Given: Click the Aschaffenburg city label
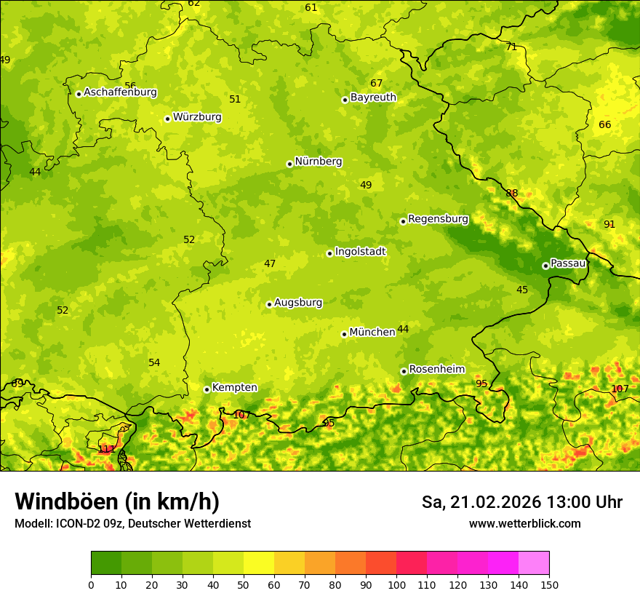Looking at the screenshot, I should coord(120,92).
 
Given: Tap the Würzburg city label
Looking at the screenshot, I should coord(197,117).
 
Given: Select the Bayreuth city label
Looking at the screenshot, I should coord(373,98).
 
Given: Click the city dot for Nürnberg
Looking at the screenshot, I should coord(289,164).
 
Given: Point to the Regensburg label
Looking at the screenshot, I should coord(438,219).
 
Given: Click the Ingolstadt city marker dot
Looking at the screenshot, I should coord(329,253).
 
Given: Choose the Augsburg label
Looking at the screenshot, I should coord(297,303).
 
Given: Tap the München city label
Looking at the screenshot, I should coord(372,333).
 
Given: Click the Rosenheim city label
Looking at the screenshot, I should coord(436,370).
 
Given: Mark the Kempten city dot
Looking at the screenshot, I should coord(207,389).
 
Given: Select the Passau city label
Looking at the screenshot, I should coord(568,263).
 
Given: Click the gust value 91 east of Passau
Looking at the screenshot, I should coord(609,224).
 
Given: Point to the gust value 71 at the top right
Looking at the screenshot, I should coord(511,47).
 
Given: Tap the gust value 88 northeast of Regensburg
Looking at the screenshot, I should coord(512,193).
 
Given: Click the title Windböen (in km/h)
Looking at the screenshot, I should coord(117,501).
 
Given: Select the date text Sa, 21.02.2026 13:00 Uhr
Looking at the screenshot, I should coord(521,502).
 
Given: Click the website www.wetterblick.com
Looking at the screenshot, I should coord(524,524).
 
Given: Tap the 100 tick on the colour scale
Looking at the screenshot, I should coord(396,584).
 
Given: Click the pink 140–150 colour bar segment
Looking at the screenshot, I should coord(534,563).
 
